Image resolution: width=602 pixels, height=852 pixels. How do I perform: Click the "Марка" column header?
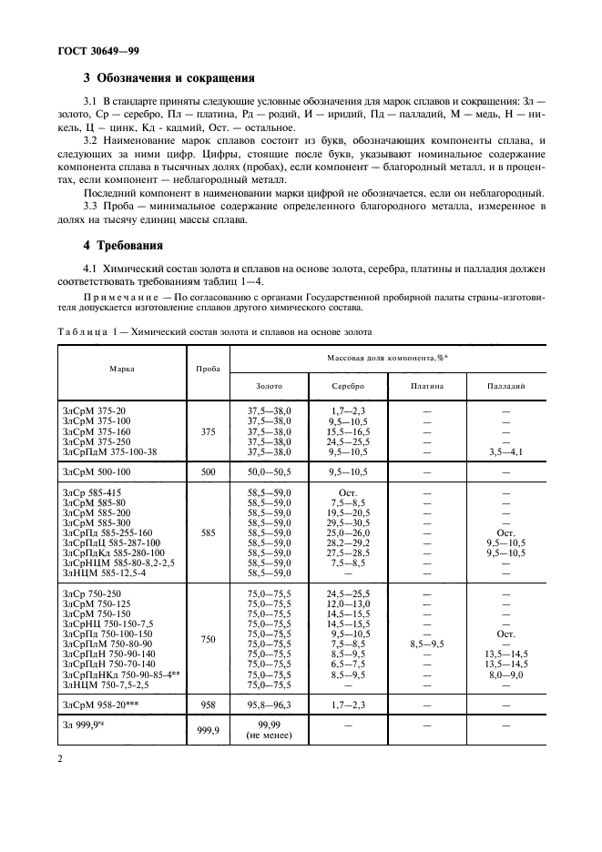tap(122, 370)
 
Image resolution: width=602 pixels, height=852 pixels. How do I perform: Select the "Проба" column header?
tap(209, 370)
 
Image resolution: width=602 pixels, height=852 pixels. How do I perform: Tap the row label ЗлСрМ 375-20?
tap(94, 411)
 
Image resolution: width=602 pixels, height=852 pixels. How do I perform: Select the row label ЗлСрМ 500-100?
tap(97, 472)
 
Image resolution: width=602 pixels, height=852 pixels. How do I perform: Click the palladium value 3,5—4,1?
tap(505, 451)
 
